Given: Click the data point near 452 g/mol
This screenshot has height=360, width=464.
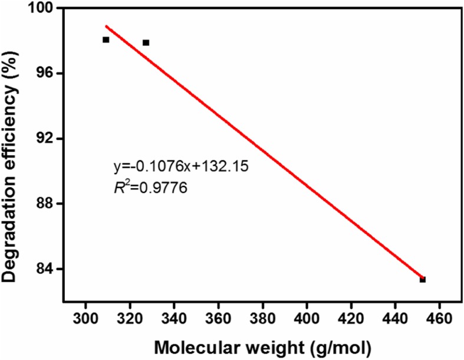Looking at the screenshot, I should (423, 279).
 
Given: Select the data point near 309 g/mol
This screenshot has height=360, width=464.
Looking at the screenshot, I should (106, 40).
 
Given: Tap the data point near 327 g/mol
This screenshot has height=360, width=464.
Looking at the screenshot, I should (146, 42).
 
